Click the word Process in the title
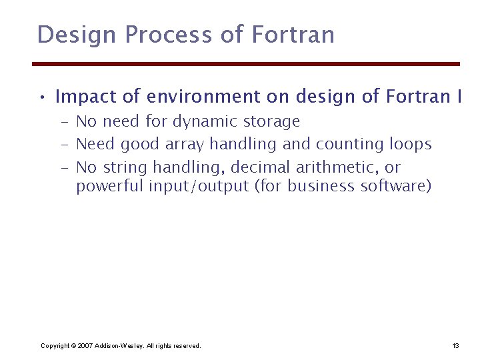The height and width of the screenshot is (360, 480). [x=167, y=34]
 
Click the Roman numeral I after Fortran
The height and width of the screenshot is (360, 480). [x=459, y=97]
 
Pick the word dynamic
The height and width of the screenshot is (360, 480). [x=203, y=122]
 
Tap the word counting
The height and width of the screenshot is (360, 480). [x=350, y=144]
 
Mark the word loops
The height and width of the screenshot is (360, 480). [x=411, y=144]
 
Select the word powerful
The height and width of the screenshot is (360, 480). [x=109, y=187]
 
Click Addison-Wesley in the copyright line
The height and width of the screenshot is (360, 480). [x=117, y=346]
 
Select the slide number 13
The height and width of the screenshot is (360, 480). [x=455, y=346]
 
